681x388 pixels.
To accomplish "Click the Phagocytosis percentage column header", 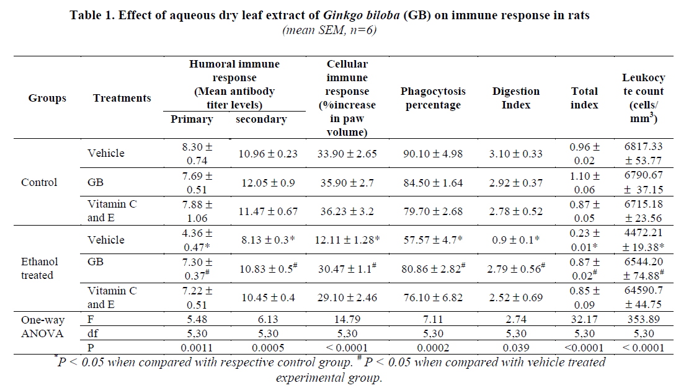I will click(433, 98).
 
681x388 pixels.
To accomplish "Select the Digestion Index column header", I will click(516, 98).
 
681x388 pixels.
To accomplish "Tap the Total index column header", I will click(584, 98).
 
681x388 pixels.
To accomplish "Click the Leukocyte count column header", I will click(643, 98).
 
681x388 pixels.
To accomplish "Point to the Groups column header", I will click(47, 98).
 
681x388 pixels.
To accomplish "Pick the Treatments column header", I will click(122, 98).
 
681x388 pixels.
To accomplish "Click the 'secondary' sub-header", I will click(261, 119).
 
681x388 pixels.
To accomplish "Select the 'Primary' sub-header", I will click(192, 119).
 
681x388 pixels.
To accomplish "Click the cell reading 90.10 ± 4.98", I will click(433, 153).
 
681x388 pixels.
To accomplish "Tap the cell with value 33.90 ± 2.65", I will click(347, 153).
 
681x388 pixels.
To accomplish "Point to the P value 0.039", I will click(516, 348).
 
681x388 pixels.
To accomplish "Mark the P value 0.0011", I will click(192, 348).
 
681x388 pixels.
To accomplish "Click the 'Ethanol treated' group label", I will click(41, 268).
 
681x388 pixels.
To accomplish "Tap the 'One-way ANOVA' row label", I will click(43, 327).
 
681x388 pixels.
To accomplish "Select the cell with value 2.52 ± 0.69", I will click(516, 298).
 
